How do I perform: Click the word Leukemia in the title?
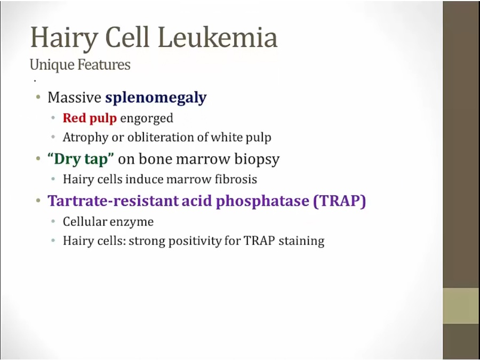pyautogui.click(x=218, y=37)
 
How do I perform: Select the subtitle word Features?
pyautogui.click(x=104, y=65)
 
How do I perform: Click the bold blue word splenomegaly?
pyautogui.click(x=156, y=98)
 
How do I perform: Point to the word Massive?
pyautogui.click(x=74, y=98)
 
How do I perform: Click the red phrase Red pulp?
pyautogui.click(x=90, y=118)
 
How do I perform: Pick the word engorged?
pyautogui.click(x=147, y=119)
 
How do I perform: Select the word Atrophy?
pyautogui.click(x=85, y=138)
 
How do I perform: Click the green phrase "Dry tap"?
pyautogui.click(x=81, y=159)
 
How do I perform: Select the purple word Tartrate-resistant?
pyautogui.click(x=113, y=201)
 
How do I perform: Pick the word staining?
pyautogui.click(x=301, y=242)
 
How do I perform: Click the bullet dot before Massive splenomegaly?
pyautogui.click(x=38, y=98)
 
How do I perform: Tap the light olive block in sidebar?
pyautogui.click(x=461, y=306)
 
